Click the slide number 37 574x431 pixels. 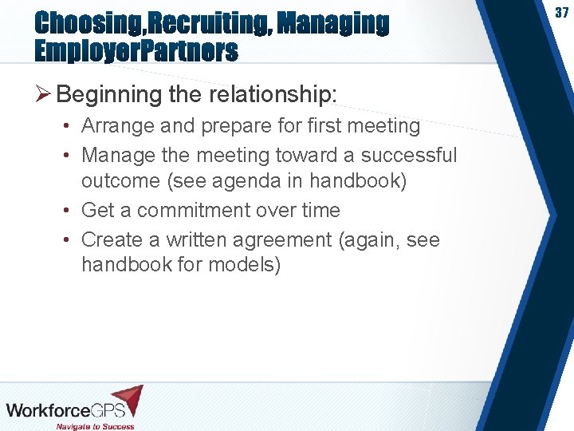(x=561, y=14)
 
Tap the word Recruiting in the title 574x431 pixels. (x=203, y=24)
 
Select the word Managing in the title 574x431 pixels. (x=333, y=24)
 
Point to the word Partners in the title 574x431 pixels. (x=186, y=53)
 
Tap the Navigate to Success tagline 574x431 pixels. (x=95, y=426)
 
